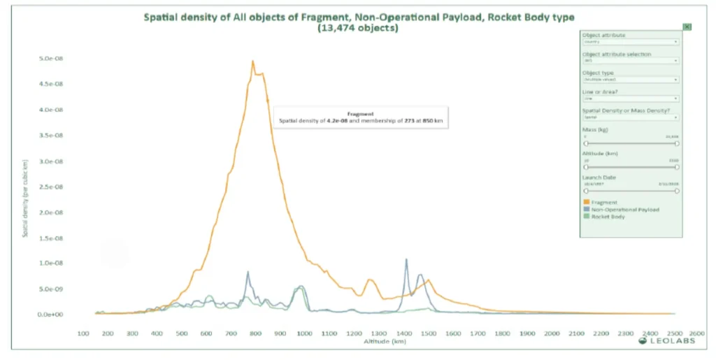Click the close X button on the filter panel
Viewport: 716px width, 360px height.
pyautogui.click(x=687, y=27)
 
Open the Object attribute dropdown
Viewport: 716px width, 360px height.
pyautogui.click(x=631, y=42)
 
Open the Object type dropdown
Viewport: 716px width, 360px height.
pyautogui.click(x=631, y=80)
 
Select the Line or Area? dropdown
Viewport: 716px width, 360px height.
pyautogui.click(x=631, y=99)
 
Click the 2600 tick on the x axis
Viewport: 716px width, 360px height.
pyautogui.click(x=697, y=334)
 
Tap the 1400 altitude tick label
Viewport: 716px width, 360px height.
pyautogui.click(x=403, y=334)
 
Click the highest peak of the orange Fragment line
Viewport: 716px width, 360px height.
pyautogui.click(x=252, y=61)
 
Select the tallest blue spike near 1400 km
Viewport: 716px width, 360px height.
pyautogui.click(x=406, y=259)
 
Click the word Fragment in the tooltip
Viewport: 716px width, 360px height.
pyautogui.click(x=360, y=113)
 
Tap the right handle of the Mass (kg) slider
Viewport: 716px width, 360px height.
pyautogui.click(x=677, y=143)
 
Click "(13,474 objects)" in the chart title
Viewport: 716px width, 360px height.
pyautogui.click(x=357, y=28)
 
